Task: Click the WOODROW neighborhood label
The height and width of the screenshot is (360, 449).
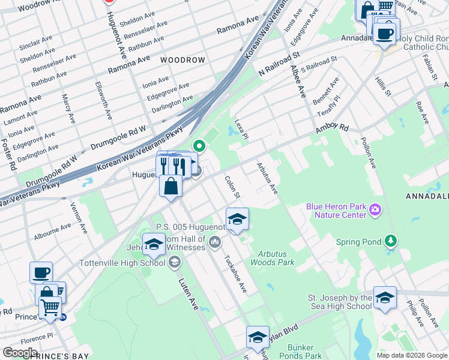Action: tap(182, 60)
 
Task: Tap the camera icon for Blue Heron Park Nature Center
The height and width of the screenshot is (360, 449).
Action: tap(375, 209)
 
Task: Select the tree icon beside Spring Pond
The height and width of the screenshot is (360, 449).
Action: tap(391, 242)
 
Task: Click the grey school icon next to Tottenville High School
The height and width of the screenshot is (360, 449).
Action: tap(174, 262)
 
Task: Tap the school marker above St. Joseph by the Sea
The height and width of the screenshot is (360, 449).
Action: tap(385, 297)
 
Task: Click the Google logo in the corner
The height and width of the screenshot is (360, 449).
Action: tap(20, 353)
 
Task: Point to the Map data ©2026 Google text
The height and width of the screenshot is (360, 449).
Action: tap(411, 355)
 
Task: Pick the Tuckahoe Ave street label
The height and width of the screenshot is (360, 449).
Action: tap(235, 275)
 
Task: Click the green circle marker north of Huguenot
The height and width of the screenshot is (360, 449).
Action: tap(199, 146)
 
